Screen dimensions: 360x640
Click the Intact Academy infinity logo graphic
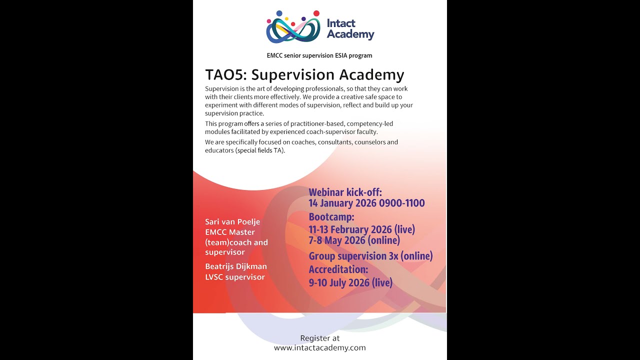click(x=293, y=27)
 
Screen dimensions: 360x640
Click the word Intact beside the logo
click(x=341, y=23)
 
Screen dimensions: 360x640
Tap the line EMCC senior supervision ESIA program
click(x=319, y=55)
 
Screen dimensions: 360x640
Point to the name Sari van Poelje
click(x=232, y=222)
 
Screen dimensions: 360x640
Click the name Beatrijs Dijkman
click(x=236, y=266)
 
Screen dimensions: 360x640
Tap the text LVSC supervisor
click(x=235, y=277)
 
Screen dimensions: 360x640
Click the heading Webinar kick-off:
click(x=345, y=192)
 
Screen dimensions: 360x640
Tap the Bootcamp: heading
click(x=331, y=217)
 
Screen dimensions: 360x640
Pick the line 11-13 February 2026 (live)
click(x=361, y=230)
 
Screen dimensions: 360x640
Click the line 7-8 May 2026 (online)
click(x=354, y=240)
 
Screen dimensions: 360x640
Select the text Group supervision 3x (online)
click(x=370, y=256)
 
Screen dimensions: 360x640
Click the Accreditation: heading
click(x=338, y=269)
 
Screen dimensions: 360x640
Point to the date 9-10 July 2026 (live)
click(x=350, y=283)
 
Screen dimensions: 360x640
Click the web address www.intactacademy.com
click(x=320, y=348)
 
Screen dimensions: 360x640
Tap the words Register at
click(x=320, y=338)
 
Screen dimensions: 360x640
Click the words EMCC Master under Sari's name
click(x=230, y=232)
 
